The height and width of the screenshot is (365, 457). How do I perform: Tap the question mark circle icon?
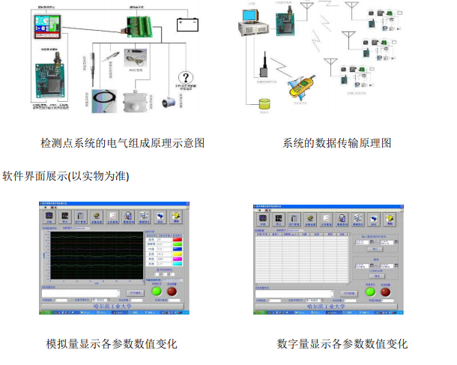pos(184,79)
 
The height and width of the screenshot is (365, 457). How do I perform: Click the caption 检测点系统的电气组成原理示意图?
pos(123,142)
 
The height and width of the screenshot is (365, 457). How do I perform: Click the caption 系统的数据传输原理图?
pos(337,142)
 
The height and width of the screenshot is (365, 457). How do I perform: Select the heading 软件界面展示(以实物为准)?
pos(67,177)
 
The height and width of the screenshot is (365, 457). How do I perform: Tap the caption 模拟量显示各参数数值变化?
pos(112,344)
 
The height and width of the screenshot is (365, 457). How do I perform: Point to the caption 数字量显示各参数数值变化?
pos(342,344)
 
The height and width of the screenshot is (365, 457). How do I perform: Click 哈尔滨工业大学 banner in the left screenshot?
pos(111,307)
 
